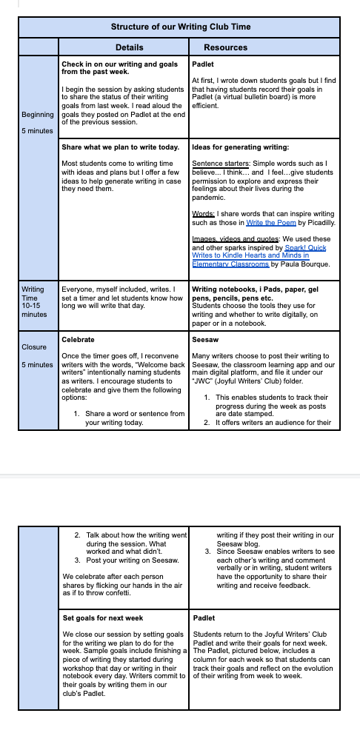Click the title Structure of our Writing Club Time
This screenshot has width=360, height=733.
point(181,27)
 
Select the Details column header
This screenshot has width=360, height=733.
point(130,47)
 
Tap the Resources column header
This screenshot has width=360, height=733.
point(225,47)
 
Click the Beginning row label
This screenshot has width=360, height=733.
point(38,115)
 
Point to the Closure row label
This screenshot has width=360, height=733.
point(34,347)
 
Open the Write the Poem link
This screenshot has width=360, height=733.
point(270,223)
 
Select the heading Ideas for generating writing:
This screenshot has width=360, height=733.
point(240,147)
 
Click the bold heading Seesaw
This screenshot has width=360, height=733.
point(205,339)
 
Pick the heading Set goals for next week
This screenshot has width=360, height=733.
point(103,618)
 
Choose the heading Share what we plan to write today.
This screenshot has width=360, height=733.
point(121,147)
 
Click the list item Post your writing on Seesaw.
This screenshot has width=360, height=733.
point(133,560)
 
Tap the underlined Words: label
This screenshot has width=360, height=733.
point(204,214)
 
